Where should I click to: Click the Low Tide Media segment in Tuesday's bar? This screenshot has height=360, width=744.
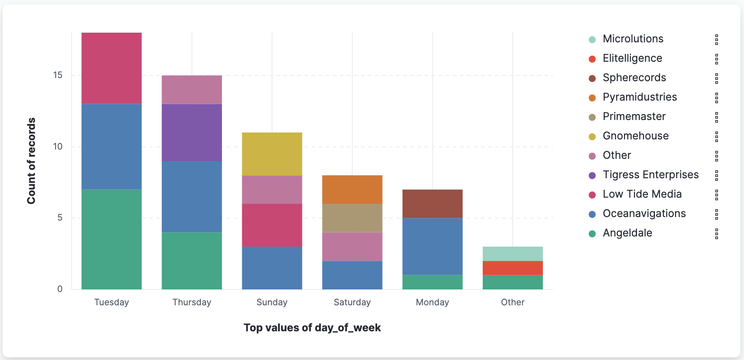(112, 68)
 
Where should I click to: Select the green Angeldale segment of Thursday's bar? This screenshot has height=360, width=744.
(192, 260)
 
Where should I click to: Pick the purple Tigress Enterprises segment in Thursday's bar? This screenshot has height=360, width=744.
(192, 132)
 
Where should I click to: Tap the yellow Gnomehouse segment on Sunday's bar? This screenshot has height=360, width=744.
(272, 154)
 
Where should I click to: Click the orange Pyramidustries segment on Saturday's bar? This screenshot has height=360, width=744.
(352, 189)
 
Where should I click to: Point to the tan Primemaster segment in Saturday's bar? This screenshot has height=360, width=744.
(352, 218)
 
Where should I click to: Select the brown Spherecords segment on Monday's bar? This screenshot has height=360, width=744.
(432, 204)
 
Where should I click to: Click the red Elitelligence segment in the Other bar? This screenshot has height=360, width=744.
(513, 268)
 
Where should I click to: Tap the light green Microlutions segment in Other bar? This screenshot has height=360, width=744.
(513, 254)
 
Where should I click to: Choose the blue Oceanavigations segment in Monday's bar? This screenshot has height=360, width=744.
(432, 246)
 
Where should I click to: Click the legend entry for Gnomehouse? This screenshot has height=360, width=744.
(635, 136)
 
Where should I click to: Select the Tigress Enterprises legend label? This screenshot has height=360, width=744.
(650, 175)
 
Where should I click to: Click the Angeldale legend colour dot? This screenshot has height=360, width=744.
(592, 234)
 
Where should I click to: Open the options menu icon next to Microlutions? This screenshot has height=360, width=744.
(717, 40)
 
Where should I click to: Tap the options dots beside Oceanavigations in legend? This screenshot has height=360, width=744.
(717, 214)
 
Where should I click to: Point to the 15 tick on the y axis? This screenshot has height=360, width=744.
(58, 75)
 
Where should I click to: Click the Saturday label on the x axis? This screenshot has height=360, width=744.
(352, 302)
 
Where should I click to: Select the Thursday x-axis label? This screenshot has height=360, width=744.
(192, 302)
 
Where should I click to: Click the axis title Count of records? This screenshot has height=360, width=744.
(31, 161)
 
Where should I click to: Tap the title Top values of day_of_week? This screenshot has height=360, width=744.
(312, 328)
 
